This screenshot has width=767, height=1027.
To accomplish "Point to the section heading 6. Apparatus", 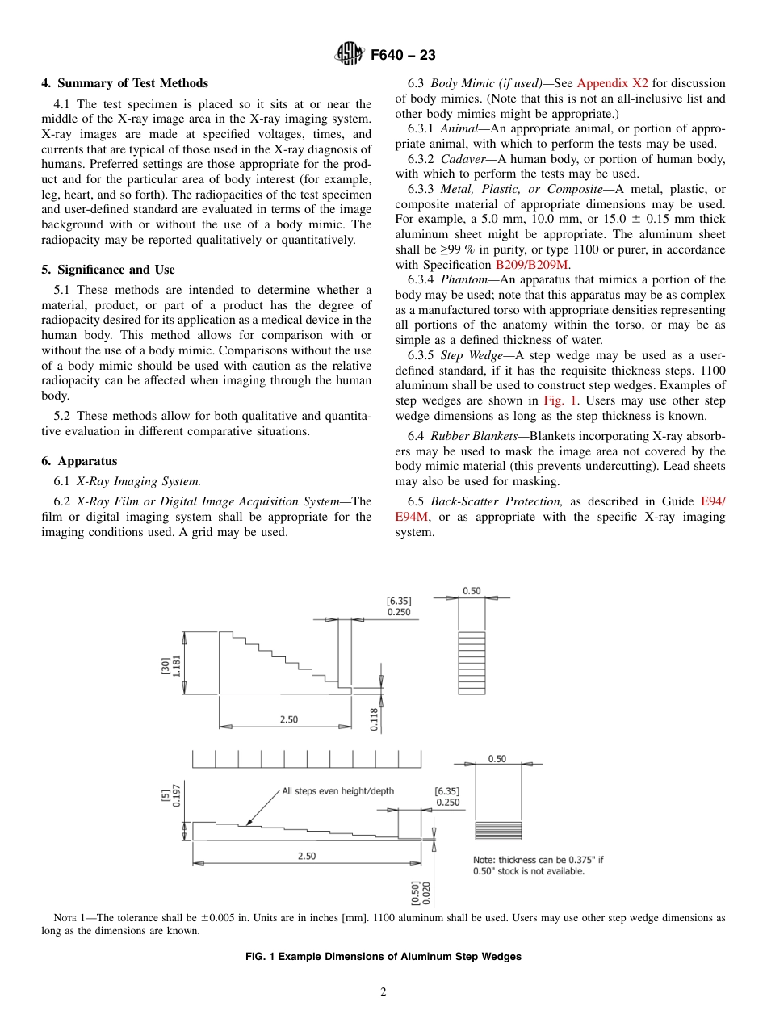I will (x=79, y=461).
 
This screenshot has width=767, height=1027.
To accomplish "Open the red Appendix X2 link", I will (x=613, y=83).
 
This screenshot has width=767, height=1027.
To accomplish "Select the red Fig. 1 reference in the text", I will (x=560, y=400).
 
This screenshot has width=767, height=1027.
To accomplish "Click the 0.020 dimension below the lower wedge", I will (x=426, y=892).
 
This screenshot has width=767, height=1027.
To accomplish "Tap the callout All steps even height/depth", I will (x=337, y=790).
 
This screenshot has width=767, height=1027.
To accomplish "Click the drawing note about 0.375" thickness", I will (x=538, y=866).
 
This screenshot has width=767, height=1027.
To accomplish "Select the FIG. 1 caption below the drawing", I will (x=383, y=956).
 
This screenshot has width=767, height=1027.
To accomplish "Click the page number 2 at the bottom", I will (x=383, y=992).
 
